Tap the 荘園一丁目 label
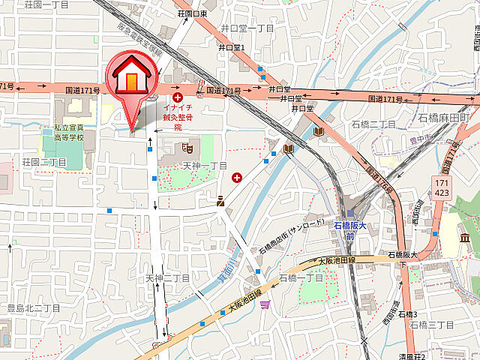coord(46,4)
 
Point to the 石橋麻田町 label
coord(444,118)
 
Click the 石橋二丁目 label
coord(372,124)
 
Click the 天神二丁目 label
coord(167,278)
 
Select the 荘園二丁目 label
coord(46,162)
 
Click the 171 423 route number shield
coord(442,187)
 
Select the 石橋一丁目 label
coord(300,278)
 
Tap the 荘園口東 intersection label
coord(192,13)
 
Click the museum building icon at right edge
coord(465,238)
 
